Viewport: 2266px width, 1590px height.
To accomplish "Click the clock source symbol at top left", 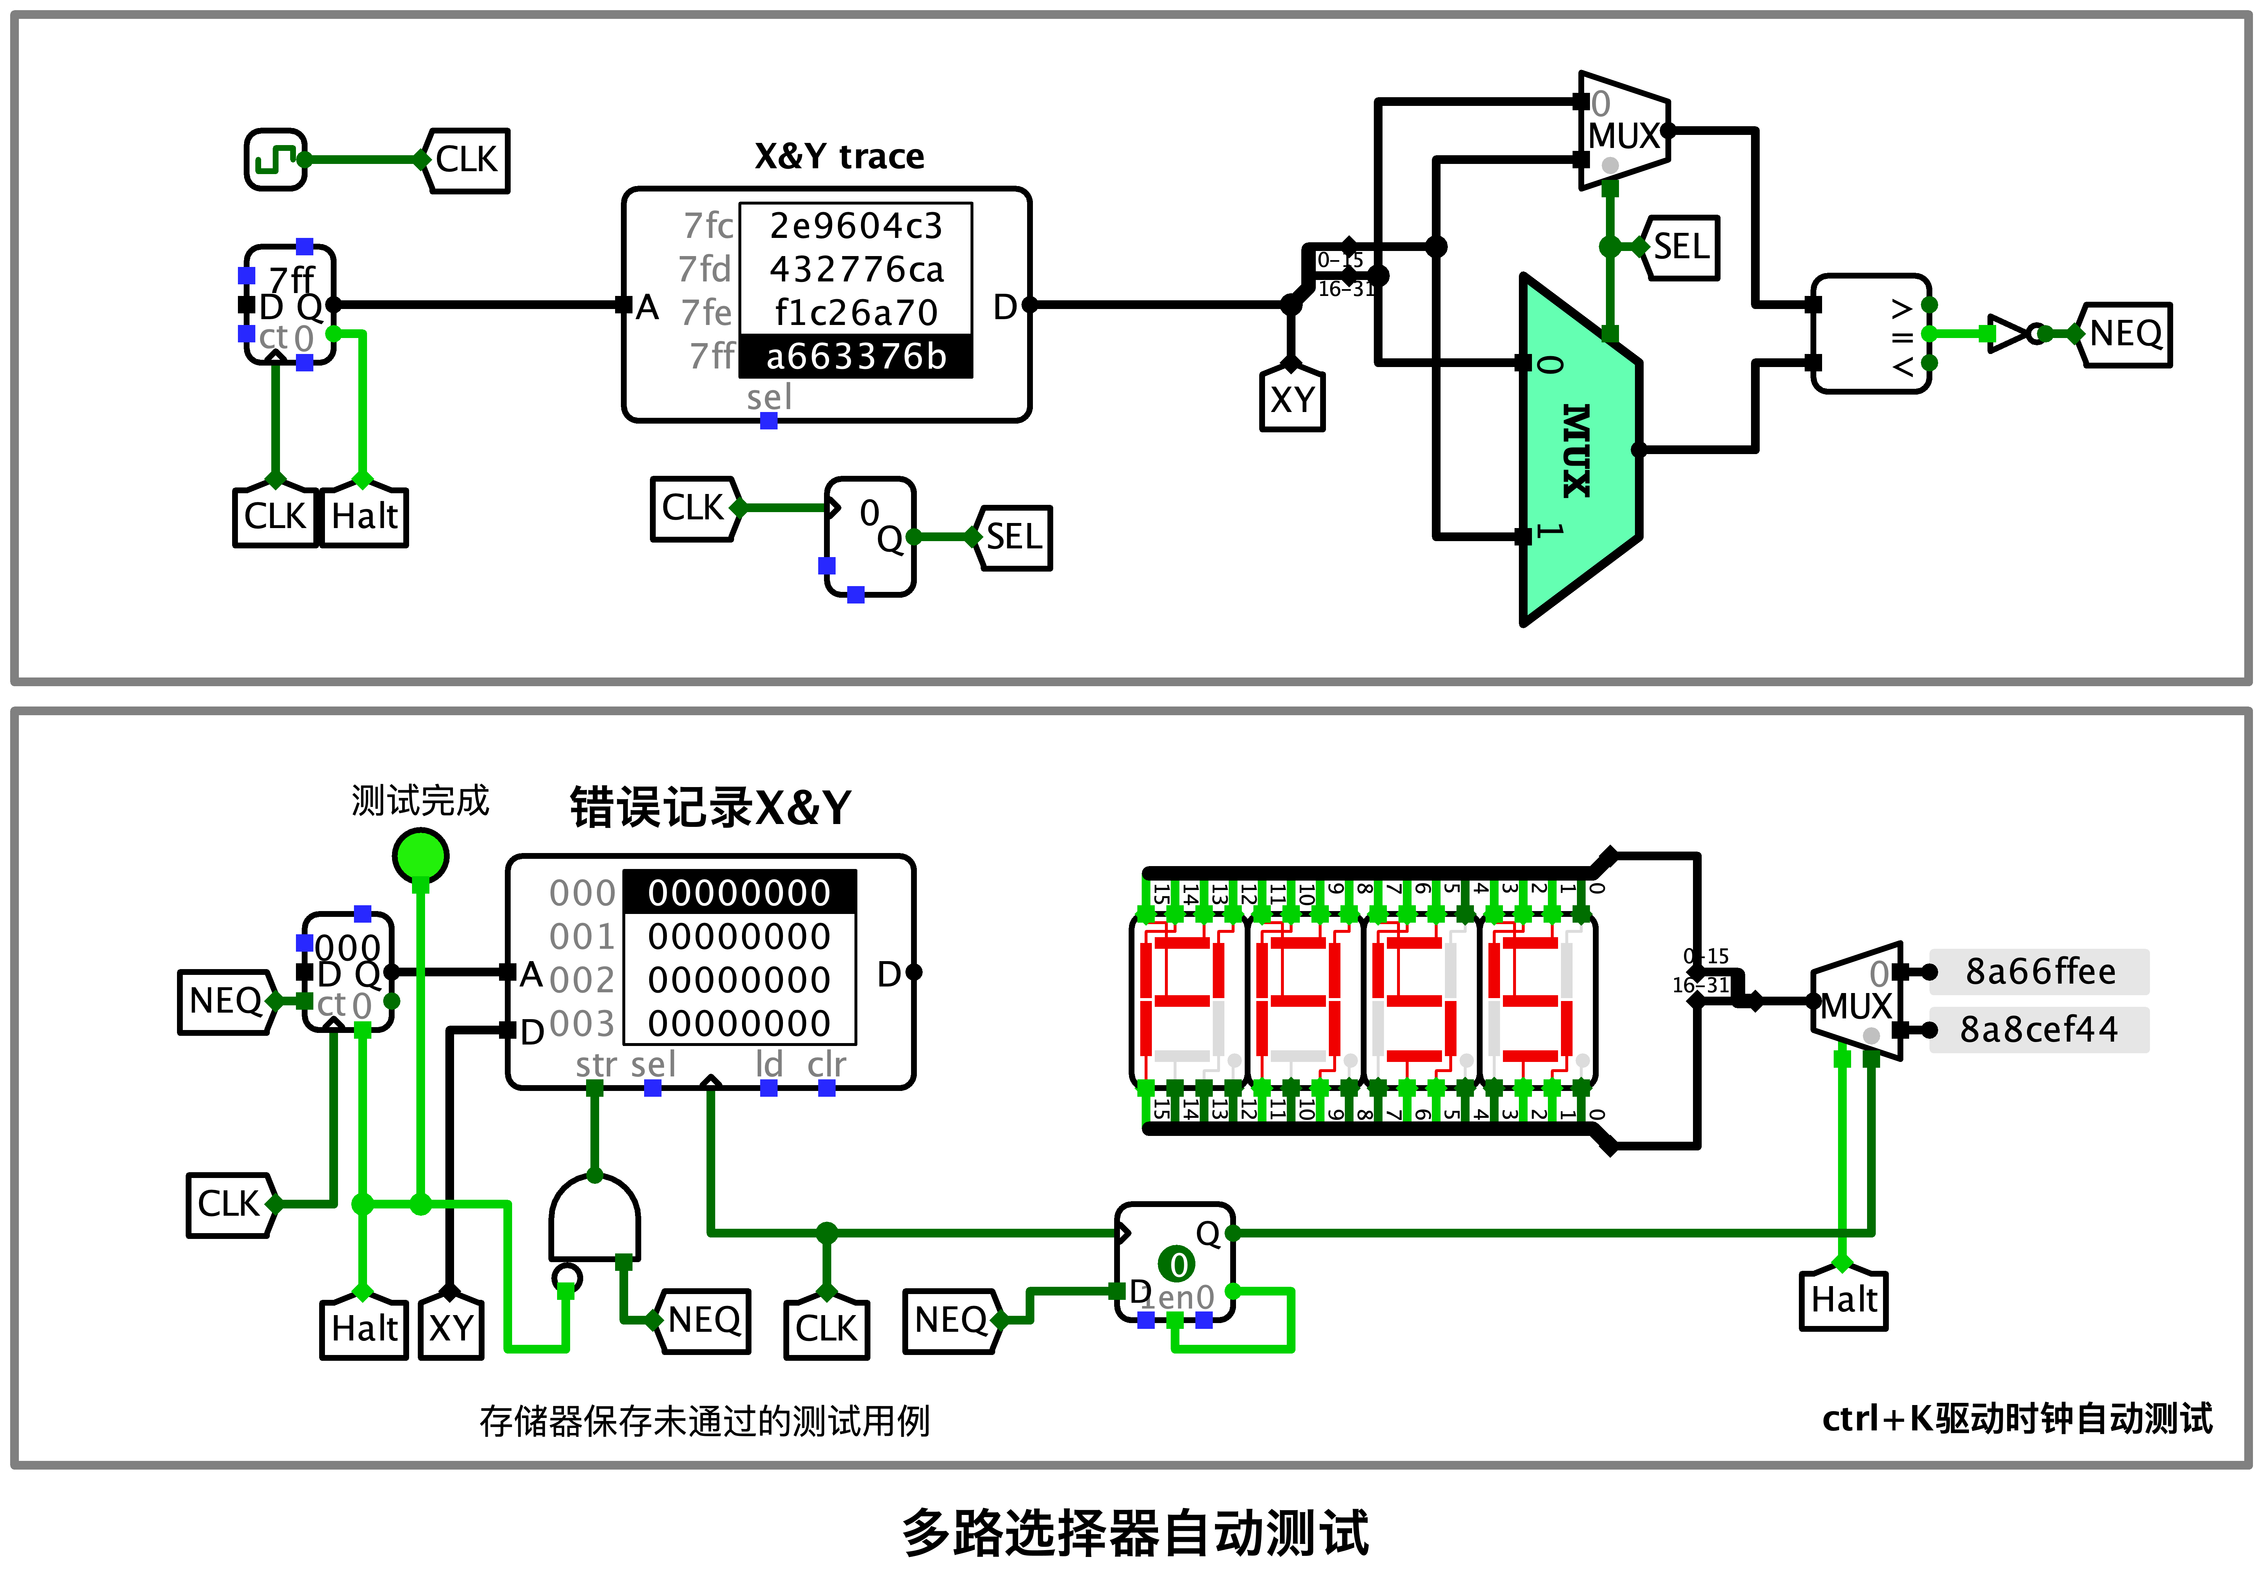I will tap(275, 159).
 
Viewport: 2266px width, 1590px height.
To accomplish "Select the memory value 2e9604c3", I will tap(856, 226).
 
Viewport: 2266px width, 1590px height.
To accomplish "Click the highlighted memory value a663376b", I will tap(856, 356).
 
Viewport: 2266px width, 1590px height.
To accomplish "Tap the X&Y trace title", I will tap(839, 156).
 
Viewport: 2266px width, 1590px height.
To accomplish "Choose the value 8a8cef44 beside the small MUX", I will tap(2039, 1029).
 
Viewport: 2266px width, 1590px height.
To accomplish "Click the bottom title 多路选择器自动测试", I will tap(1135, 1533).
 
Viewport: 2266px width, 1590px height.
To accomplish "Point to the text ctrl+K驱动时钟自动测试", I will tap(2016, 1418).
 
